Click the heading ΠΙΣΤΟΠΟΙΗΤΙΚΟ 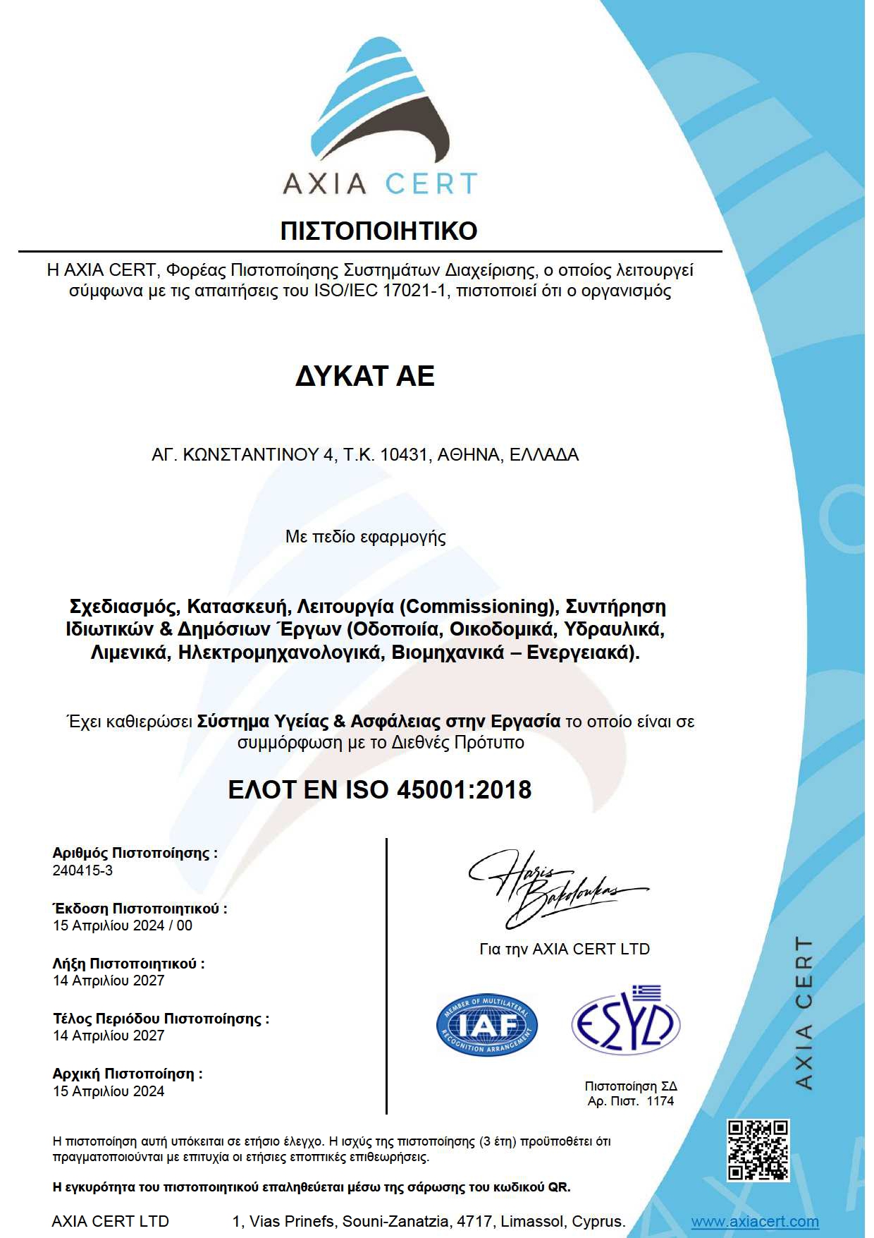pyautogui.click(x=378, y=231)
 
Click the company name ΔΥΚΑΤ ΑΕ pyautogui.click(x=364, y=376)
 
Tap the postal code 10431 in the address pyautogui.click(x=404, y=455)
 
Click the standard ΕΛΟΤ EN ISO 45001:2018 pyautogui.click(x=379, y=789)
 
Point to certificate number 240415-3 pyautogui.click(x=82, y=870)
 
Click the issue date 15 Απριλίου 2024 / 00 pyautogui.click(x=122, y=926)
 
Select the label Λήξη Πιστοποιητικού pyautogui.click(x=128, y=964)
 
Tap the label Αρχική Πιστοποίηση pyautogui.click(x=127, y=1074)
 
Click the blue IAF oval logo pyautogui.click(x=486, y=1025)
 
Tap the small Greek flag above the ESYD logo pyautogui.click(x=646, y=993)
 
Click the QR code pyautogui.click(x=758, y=1150)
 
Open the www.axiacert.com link pyautogui.click(x=754, y=1222)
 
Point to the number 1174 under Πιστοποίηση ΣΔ pyautogui.click(x=660, y=1101)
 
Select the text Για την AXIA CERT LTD pyautogui.click(x=564, y=949)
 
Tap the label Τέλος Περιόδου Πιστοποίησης pyautogui.click(x=161, y=1019)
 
